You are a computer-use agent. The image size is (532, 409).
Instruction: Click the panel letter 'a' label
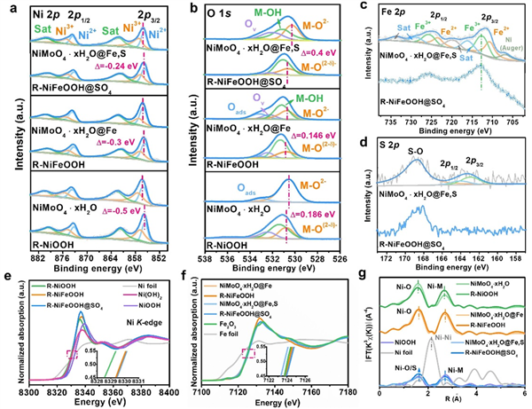click(7, 7)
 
